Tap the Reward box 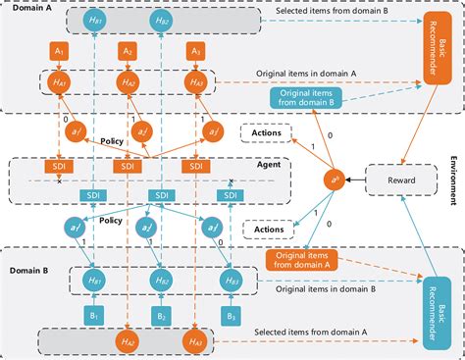395,180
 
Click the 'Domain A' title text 26,8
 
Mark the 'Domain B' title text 26,268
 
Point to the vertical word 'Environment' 454,180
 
